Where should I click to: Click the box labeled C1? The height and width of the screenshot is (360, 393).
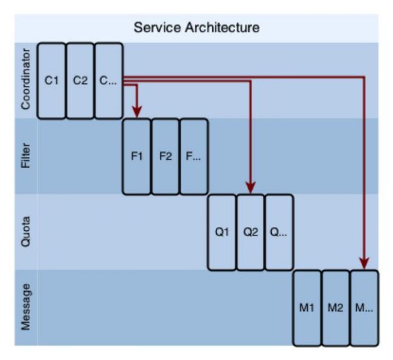click(x=51, y=81)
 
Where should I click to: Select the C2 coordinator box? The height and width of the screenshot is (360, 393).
click(x=80, y=81)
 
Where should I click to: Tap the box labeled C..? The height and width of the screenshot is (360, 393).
click(x=108, y=81)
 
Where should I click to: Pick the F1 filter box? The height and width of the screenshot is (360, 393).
click(x=137, y=157)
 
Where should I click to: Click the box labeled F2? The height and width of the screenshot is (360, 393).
click(x=165, y=157)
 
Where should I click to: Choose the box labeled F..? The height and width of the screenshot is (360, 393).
click(x=194, y=157)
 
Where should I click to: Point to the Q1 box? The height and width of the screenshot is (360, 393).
click(x=222, y=232)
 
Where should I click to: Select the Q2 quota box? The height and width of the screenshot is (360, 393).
click(x=250, y=232)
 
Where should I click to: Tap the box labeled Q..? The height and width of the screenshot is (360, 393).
click(x=279, y=232)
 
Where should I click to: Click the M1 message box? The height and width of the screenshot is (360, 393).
click(x=307, y=308)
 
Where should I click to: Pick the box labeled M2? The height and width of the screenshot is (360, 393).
click(x=336, y=308)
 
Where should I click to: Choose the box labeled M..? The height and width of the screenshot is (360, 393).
click(x=364, y=308)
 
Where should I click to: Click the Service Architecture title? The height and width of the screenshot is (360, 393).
click(x=196, y=28)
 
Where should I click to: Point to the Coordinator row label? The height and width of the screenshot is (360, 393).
click(x=26, y=80)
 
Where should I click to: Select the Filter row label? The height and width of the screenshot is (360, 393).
click(x=26, y=156)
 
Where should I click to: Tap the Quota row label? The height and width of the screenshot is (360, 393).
click(x=26, y=231)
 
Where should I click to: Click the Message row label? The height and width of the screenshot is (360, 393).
click(x=26, y=308)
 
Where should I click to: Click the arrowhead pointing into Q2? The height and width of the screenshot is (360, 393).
click(x=250, y=188)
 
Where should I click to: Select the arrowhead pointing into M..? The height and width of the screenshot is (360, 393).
click(x=364, y=264)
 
